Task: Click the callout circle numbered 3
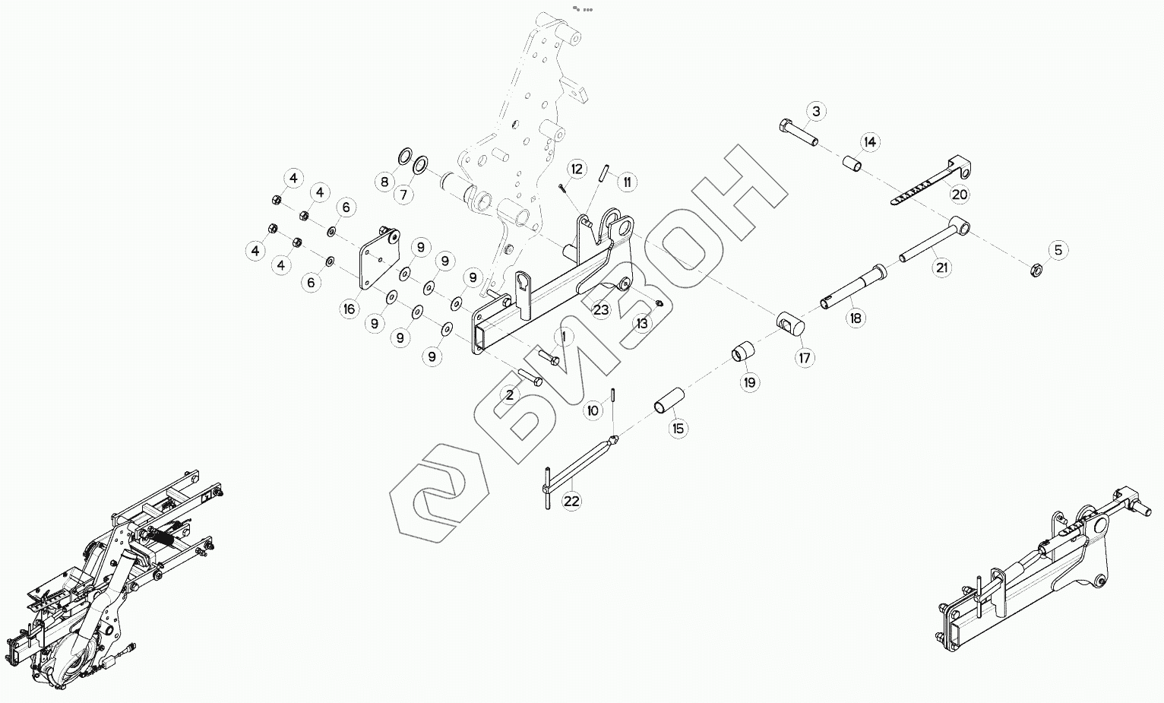pyautogui.click(x=816, y=112)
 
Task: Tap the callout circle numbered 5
pyautogui.click(x=1058, y=249)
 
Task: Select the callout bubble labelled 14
pyautogui.click(x=870, y=142)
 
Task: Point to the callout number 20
pyautogui.click(x=960, y=194)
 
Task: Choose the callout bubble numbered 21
pyautogui.click(x=943, y=268)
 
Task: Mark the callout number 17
pyautogui.click(x=805, y=357)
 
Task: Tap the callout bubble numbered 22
pyautogui.click(x=571, y=501)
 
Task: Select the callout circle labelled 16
pyautogui.click(x=349, y=309)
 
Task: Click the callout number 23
pyautogui.click(x=602, y=310)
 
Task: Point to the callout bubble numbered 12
pyautogui.click(x=577, y=169)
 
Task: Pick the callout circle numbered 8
pyautogui.click(x=384, y=182)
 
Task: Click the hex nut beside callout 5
pyautogui.click(x=1035, y=269)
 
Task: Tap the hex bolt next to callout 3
pyautogui.click(x=797, y=132)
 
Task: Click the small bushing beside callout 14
pyautogui.click(x=850, y=163)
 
